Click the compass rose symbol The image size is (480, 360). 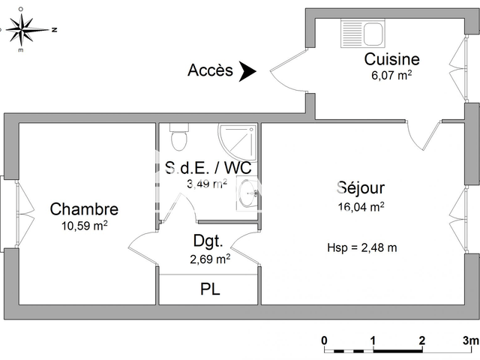point(28,30)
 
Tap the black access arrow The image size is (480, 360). point(247,71)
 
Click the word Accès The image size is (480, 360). point(210,70)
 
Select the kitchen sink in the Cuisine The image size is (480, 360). point(363,32)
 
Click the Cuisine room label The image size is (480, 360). point(391,59)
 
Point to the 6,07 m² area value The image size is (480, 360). point(391,75)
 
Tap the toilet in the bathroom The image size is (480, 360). point(178,136)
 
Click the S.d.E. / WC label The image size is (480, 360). point(208,168)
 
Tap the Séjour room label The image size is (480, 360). point(361,188)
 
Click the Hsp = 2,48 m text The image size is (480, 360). point(361,247)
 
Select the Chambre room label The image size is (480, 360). point(84,208)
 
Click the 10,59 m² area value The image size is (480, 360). point(84,225)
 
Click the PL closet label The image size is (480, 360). point(209,289)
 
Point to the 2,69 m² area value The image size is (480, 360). point(208,259)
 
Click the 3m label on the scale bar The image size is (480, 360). point(470,340)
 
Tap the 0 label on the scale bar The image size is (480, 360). point(325,340)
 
